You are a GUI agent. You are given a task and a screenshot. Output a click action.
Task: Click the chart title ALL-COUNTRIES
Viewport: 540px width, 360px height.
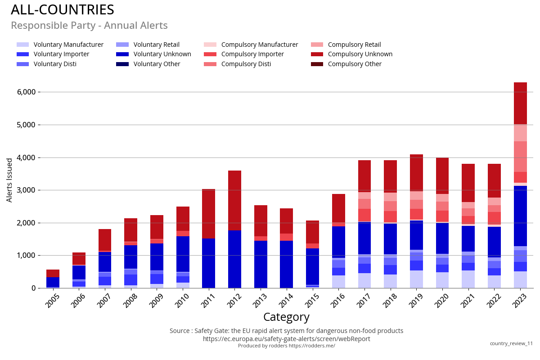(62, 10)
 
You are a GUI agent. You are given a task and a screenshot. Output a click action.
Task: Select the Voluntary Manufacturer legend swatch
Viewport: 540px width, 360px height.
(22, 45)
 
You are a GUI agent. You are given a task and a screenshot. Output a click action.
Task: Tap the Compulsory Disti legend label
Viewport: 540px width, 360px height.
(246, 64)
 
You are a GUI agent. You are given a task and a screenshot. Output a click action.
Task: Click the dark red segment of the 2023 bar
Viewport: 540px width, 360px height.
(520, 103)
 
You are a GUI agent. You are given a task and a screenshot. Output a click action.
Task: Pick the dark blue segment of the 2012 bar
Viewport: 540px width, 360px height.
(234, 259)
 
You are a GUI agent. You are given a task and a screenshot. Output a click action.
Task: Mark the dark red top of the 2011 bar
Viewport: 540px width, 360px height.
(208, 214)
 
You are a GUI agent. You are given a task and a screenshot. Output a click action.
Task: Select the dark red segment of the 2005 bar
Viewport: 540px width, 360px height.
(53, 273)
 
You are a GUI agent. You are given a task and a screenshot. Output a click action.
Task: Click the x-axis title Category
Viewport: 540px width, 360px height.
(286, 317)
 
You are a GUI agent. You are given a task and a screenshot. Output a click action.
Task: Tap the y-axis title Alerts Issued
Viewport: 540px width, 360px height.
(9, 180)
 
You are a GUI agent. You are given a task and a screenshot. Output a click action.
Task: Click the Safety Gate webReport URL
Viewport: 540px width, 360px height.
(286, 339)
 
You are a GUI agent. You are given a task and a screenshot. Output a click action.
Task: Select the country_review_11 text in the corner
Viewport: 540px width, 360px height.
(511, 343)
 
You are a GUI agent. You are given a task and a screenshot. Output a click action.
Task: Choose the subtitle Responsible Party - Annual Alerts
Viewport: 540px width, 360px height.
(89, 26)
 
